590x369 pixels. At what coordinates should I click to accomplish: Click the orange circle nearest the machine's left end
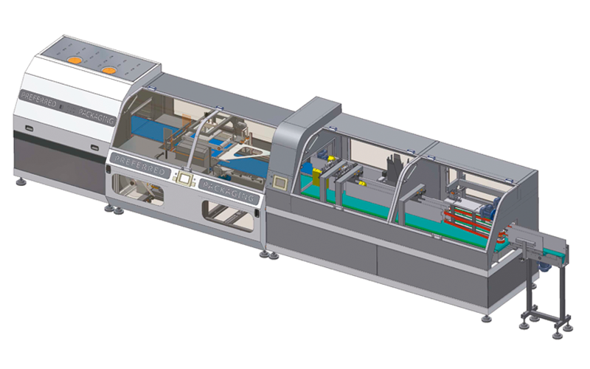pos(74,60)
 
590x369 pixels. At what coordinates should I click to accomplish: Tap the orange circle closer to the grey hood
pos(109,70)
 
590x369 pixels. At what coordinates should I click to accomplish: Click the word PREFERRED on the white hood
pos(39,99)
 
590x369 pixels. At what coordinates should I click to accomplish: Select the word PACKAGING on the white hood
pos(97,117)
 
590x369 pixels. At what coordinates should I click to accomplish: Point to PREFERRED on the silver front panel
pos(140,165)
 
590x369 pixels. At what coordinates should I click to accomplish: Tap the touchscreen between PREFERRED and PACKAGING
pos(184,179)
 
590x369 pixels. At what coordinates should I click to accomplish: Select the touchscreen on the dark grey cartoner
pos(280,182)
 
